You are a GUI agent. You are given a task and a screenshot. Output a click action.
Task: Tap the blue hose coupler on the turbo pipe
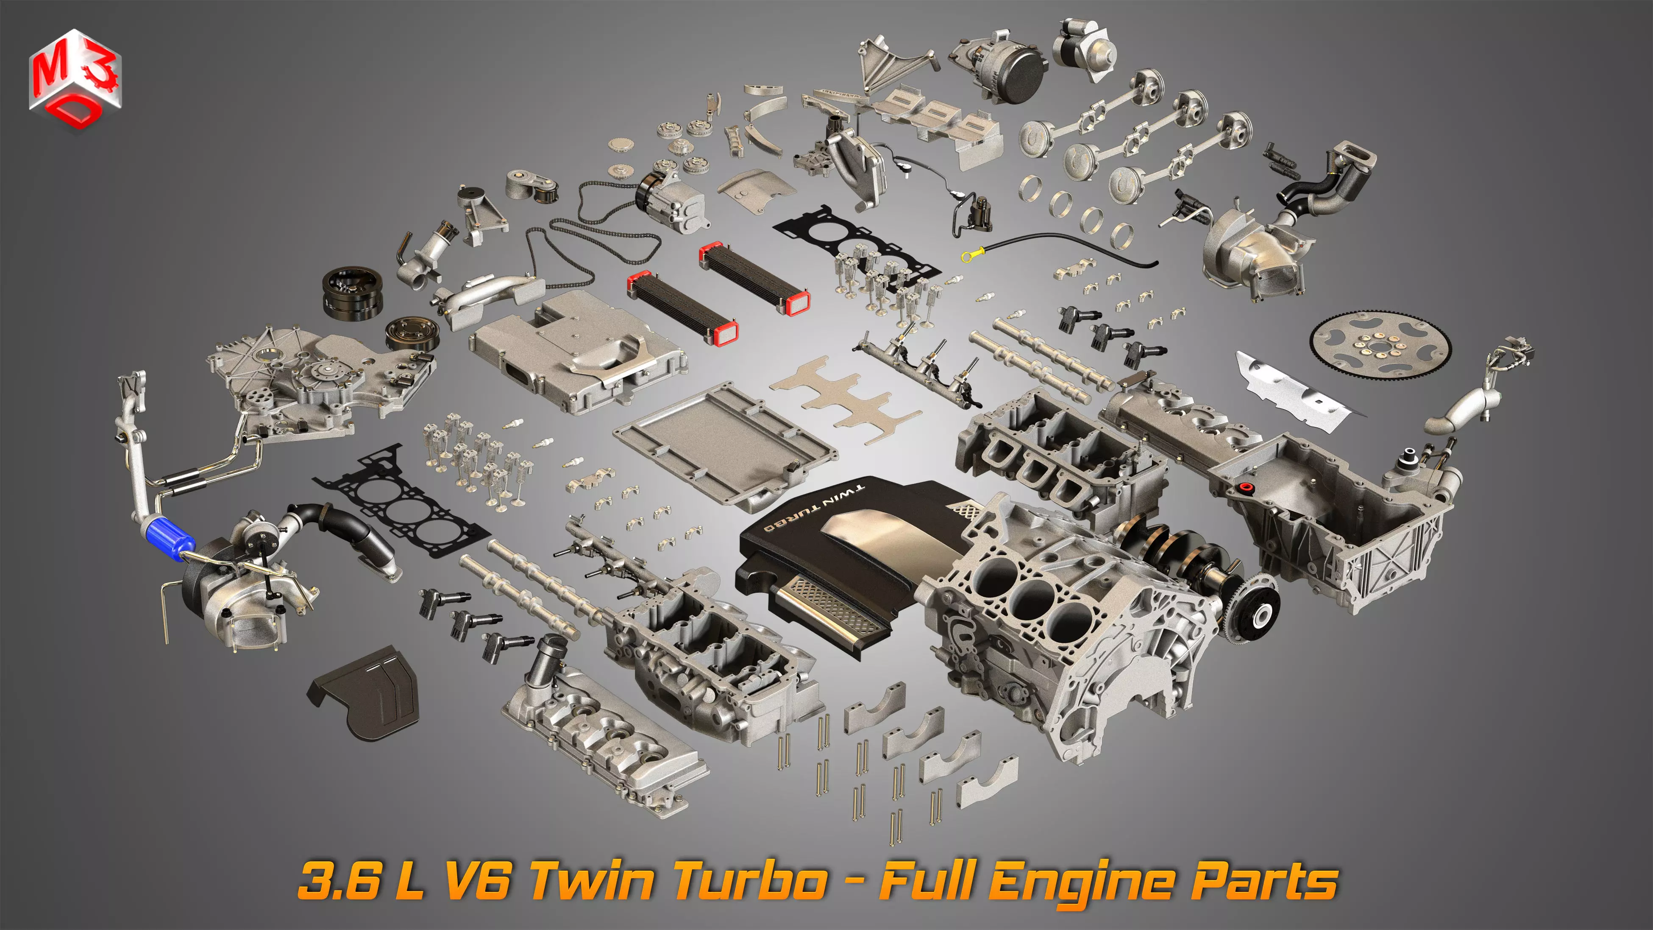(168, 540)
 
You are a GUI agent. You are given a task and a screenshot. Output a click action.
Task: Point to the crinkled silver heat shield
(1296, 388)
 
